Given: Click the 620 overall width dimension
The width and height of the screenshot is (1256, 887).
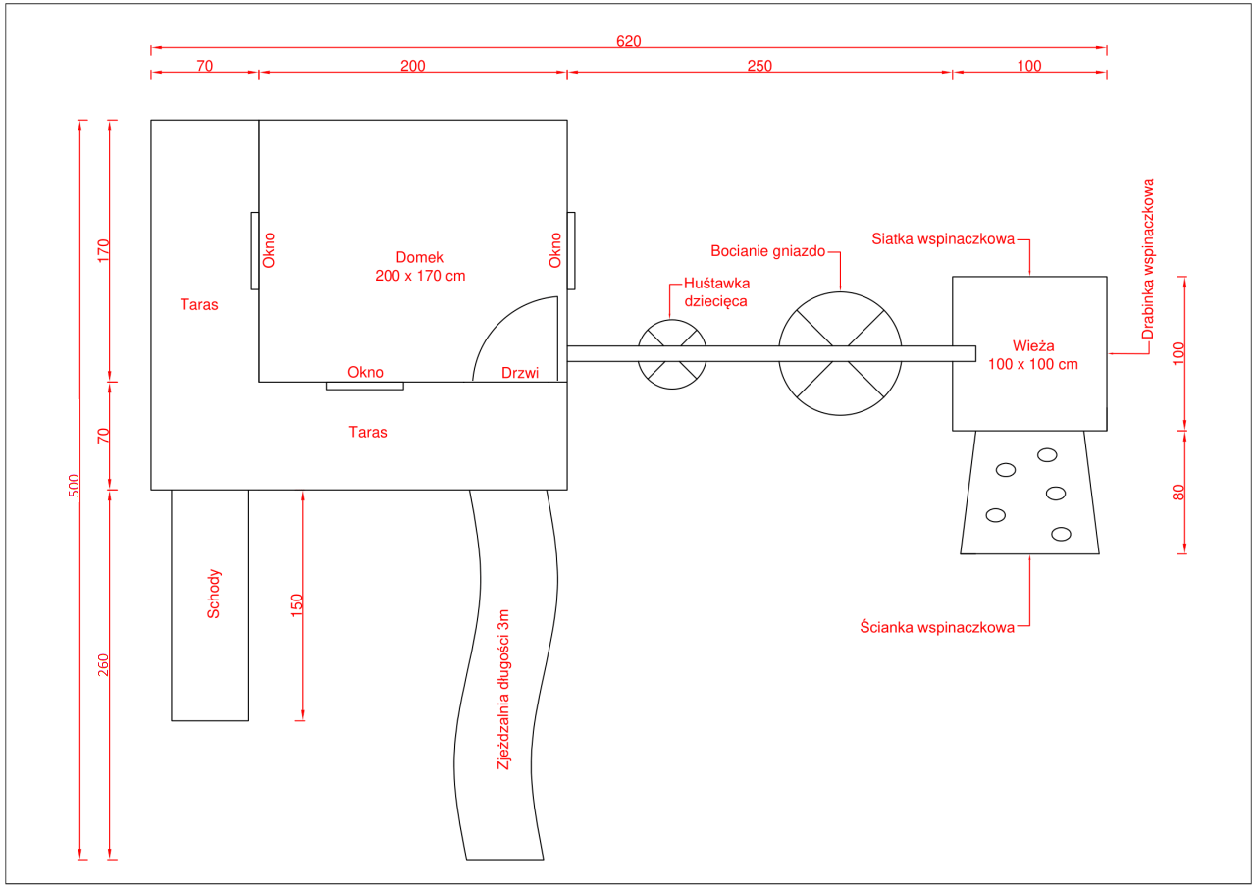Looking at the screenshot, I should tap(628, 41).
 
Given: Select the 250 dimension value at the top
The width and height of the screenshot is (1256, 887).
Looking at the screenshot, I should tap(759, 67).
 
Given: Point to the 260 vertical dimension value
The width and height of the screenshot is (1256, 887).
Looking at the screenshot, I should tap(104, 665).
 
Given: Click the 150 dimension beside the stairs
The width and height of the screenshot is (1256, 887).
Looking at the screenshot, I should tap(297, 604).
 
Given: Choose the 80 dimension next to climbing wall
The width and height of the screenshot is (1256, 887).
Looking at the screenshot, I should tap(1179, 492).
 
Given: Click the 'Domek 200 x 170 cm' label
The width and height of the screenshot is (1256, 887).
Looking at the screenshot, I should tap(420, 267).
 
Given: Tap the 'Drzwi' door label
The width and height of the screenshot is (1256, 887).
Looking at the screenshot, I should tap(520, 373).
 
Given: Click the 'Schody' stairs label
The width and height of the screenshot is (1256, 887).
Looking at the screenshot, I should tap(214, 594).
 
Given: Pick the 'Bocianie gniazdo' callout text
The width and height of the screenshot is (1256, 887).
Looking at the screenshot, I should tap(768, 251).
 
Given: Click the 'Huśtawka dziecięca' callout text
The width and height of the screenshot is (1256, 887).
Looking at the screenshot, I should tap(716, 292).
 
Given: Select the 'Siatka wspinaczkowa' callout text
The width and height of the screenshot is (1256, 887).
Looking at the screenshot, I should tap(943, 239).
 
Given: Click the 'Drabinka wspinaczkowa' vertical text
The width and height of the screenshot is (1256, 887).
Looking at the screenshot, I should tap(1149, 259).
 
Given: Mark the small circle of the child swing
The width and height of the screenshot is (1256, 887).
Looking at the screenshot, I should tap(672, 354).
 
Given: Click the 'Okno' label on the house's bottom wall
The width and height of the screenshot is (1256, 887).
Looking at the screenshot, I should tap(365, 373).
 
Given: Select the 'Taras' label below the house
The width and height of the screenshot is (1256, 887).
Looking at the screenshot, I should tap(368, 432).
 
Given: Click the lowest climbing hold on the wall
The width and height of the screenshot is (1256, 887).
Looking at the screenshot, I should tap(1061, 534).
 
